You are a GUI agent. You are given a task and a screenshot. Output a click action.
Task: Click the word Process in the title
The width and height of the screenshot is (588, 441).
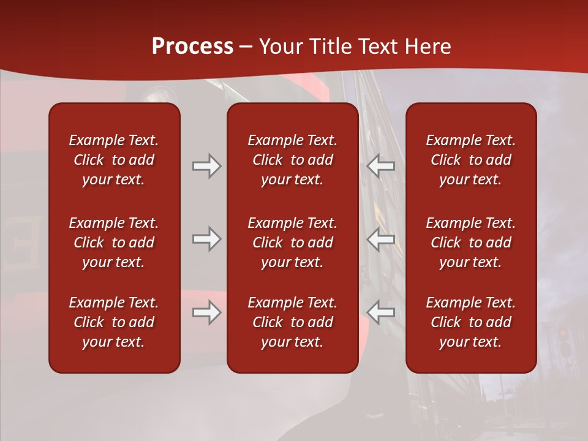tap(192, 47)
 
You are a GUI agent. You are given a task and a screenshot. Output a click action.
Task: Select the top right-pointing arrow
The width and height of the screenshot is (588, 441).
tap(206, 166)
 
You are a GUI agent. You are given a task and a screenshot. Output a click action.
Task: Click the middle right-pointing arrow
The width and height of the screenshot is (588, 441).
tap(206, 239)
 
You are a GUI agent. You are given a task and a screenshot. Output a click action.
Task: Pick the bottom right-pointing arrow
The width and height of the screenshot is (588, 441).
tap(206, 312)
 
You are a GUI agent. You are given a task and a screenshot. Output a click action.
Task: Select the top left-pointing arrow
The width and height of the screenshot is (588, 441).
tap(381, 166)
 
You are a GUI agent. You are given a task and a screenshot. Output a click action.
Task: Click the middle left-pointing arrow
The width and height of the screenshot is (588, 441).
tap(381, 239)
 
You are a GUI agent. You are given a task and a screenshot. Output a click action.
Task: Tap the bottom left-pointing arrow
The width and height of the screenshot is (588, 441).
tap(381, 312)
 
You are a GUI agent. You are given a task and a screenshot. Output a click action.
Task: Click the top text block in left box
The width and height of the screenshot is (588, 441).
tap(114, 160)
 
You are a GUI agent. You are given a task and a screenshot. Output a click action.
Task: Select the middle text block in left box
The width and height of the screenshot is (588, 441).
tap(114, 243)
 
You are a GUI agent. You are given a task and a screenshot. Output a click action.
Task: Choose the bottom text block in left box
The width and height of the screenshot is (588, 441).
tap(114, 322)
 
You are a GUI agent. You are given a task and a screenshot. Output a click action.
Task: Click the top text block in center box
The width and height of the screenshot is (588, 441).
tap(293, 160)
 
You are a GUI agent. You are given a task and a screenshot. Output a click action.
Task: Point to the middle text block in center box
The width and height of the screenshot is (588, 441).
tap(293, 243)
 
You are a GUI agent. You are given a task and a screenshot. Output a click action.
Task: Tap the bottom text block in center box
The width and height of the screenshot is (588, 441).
tap(293, 322)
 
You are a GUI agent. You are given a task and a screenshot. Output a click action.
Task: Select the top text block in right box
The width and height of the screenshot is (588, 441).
tap(471, 160)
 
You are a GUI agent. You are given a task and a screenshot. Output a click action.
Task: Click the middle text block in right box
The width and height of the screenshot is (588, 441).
tap(471, 243)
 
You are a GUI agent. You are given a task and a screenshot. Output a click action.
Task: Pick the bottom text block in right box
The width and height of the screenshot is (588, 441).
tap(471, 322)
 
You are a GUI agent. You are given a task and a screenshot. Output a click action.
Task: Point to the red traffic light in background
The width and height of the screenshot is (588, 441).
tap(563, 334)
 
